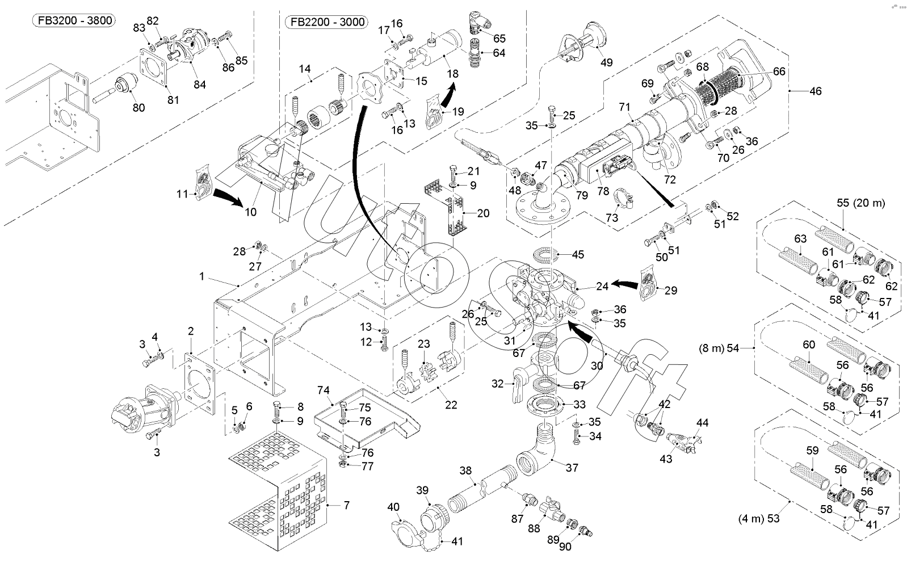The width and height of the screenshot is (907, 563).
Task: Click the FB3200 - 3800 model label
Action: (x=73, y=21)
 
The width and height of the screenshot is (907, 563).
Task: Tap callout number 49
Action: (x=606, y=62)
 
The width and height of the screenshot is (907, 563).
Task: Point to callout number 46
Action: (x=815, y=91)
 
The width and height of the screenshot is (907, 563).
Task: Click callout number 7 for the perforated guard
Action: (x=346, y=505)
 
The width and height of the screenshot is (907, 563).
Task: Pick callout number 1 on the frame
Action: (x=201, y=276)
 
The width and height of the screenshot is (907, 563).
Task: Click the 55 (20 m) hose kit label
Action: (x=860, y=203)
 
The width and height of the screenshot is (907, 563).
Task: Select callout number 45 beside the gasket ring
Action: (x=577, y=255)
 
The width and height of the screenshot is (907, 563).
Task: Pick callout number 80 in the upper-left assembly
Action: (x=138, y=108)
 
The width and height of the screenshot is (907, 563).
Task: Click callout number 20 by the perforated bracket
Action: (x=483, y=213)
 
